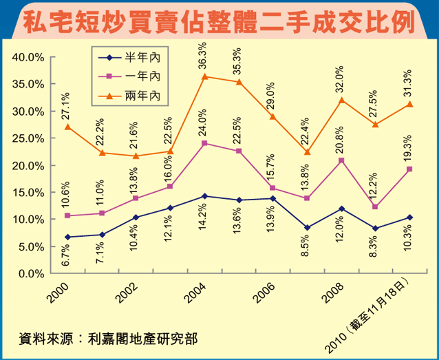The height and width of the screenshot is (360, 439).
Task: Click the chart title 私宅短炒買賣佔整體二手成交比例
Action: pyautogui.click(x=219, y=21)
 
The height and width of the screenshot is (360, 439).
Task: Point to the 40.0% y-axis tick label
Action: pyautogui.click(x=28, y=57)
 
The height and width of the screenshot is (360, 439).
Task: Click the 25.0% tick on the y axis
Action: pyautogui.click(x=28, y=138)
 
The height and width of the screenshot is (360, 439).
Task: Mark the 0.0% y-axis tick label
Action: pyautogui.click(x=31, y=273)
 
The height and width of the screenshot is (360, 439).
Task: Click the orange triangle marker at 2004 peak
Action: pyautogui.click(x=204, y=76)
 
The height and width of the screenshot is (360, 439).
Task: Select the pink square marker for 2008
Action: pyautogui.click(x=341, y=160)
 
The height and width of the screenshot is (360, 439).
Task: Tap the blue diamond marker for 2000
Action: pyautogui.click(x=67, y=237)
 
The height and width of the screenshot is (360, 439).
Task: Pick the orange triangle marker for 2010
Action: pyautogui.click(x=409, y=104)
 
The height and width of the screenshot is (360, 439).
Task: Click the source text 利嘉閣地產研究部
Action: pyautogui.click(x=144, y=339)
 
